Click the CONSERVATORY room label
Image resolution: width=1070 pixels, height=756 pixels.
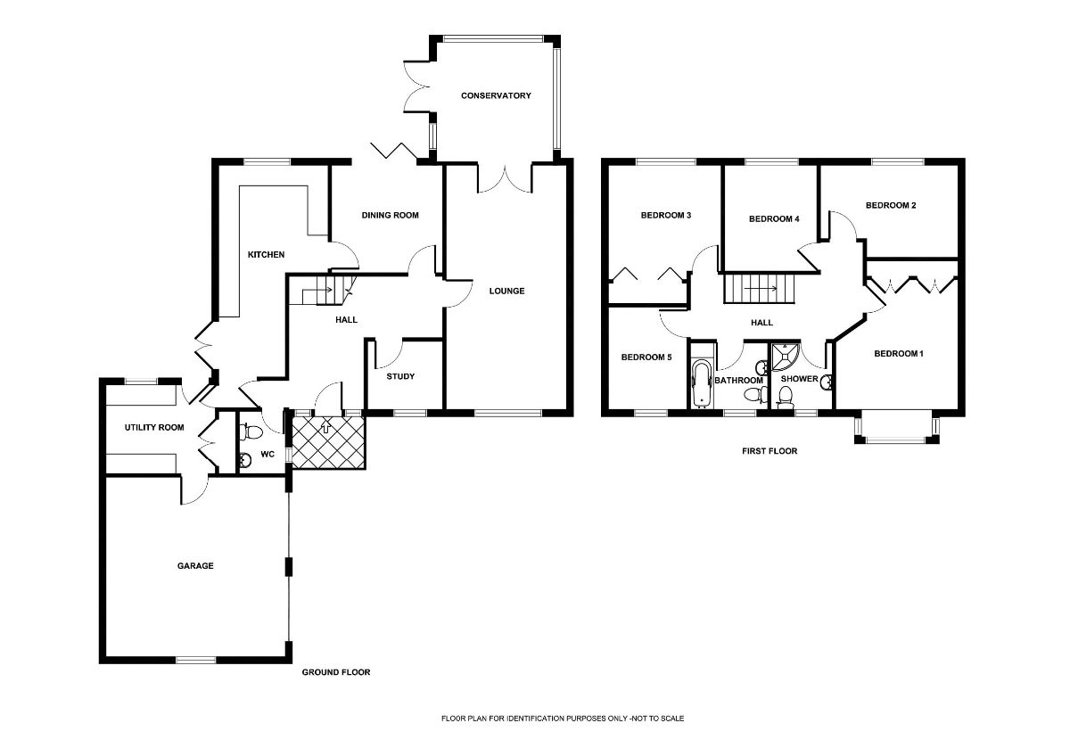pyautogui.click(x=496, y=96)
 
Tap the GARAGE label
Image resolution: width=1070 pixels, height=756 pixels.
pyautogui.click(x=195, y=566)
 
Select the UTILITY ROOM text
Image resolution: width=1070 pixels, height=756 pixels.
pyautogui.click(x=154, y=427)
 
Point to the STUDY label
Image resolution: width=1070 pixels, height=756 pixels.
pyautogui.click(x=400, y=376)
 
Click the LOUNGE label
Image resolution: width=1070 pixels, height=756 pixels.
pyautogui.click(x=506, y=291)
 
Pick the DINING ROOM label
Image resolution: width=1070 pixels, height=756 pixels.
pyautogui.click(x=390, y=216)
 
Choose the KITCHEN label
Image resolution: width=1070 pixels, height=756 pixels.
pyautogui.click(x=266, y=255)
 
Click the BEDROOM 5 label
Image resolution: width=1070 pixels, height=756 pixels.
pyautogui.click(x=646, y=357)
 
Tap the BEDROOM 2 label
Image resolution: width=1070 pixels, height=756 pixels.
pyautogui.click(x=891, y=205)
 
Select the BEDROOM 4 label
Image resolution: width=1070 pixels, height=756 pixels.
pyautogui.click(x=774, y=219)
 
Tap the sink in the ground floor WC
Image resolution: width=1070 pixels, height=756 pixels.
pyautogui.click(x=245, y=460)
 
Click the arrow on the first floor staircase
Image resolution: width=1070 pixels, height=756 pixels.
pyautogui.click(x=760, y=289)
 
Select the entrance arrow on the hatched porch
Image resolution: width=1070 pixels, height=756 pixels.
pyautogui.click(x=326, y=426)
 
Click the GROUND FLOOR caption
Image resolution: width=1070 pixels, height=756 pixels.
pyautogui.click(x=336, y=672)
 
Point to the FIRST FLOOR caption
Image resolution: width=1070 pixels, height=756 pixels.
pyautogui.click(x=770, y=451)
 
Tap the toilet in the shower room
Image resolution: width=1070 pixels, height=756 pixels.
pyautogui.click(x=785, y=397)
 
